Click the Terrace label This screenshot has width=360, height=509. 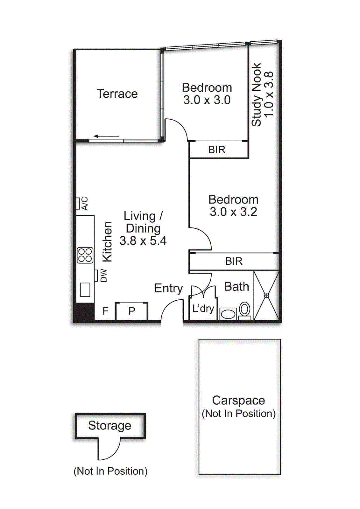click(x=117, y=94)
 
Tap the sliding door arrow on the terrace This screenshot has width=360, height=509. click(x=106, y=136)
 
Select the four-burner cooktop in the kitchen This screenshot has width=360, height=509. click(x=85, y=255)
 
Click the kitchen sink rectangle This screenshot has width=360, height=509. click(x=85, y=289)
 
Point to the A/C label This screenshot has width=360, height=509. click(x=84, y=204)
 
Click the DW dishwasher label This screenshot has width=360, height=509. click(x=103, y=275)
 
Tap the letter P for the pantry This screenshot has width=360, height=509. click(x=131, y=311)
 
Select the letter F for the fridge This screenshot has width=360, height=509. click(x=105, y=311)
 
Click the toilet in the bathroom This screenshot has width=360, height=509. click(x=244, y=310)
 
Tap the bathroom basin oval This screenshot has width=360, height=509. click(x=228, y=314)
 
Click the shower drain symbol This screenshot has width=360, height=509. click(x=267, y=296)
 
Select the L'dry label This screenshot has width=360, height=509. click(x=203, y=308)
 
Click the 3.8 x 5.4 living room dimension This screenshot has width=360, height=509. click(x=143, y=241)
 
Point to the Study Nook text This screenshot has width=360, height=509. click(x=256, y=95)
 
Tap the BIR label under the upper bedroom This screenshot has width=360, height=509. click(x=217, y=150)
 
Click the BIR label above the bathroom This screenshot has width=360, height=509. click(x=234, y=261)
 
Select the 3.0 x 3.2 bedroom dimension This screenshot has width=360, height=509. click(x=233, y=212)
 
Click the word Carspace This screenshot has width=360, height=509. click(x=238, y=400)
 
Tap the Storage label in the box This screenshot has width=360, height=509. click(x=109, y=425)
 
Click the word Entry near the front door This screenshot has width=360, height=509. click(x=168, y=288)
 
